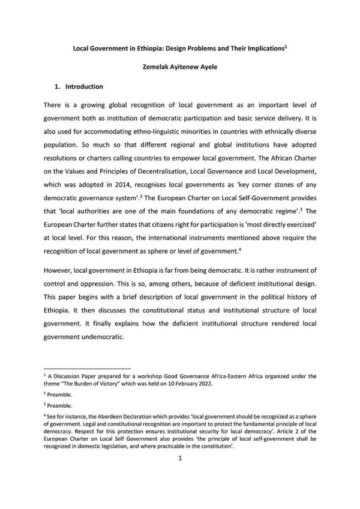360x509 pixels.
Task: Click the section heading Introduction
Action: [84, 86]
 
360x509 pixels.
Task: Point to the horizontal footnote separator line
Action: [88, 368]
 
